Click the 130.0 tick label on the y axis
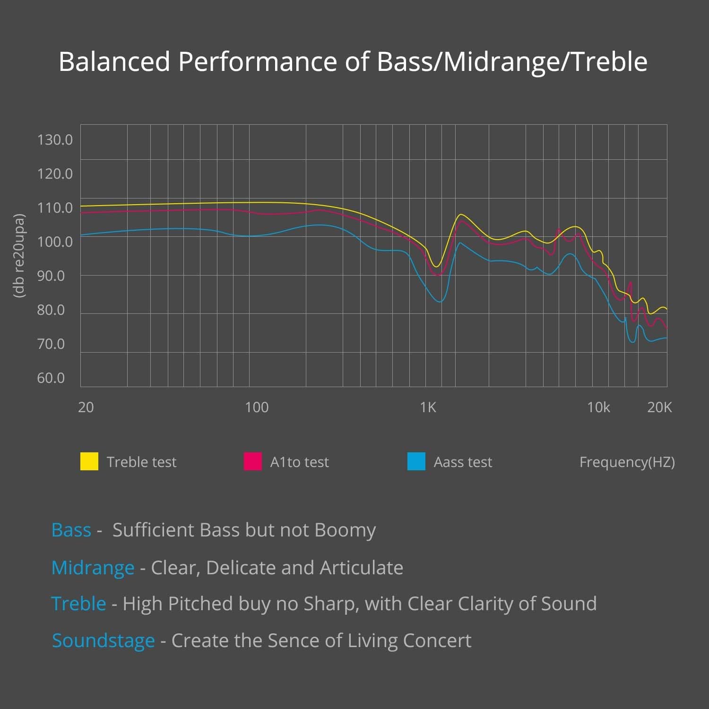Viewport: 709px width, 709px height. click(x=55, y=140)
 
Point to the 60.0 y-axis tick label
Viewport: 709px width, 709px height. click(x=51, y=378)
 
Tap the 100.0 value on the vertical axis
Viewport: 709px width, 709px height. click(x=55, y=242)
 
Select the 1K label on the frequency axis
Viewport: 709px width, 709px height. click(x=428, y=407)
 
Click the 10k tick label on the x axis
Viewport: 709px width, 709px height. click(x=598, y=407)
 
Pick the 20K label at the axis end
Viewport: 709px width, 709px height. click(x=659, y=407)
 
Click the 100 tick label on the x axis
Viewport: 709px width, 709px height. click(x=257, y=407)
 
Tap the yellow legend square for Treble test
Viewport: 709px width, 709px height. click(x=89, y=461)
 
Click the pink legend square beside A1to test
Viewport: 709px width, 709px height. click(x=253, y=461)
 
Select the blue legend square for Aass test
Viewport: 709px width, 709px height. click(x=416, y=461)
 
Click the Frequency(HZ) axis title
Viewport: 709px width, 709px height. click(x=627, y=462)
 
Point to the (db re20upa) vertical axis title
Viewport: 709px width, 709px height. click(x=19, y=256)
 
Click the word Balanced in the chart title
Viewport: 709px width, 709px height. click(x=114, y=62)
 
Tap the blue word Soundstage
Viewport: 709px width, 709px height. click(x=104, y=641)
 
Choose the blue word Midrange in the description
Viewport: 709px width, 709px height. click(x=93, y=568)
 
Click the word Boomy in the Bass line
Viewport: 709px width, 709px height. click(x=345, y=530)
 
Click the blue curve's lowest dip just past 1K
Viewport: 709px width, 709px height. click(x=440, y=302)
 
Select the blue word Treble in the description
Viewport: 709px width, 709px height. click(x=78, y=604)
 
